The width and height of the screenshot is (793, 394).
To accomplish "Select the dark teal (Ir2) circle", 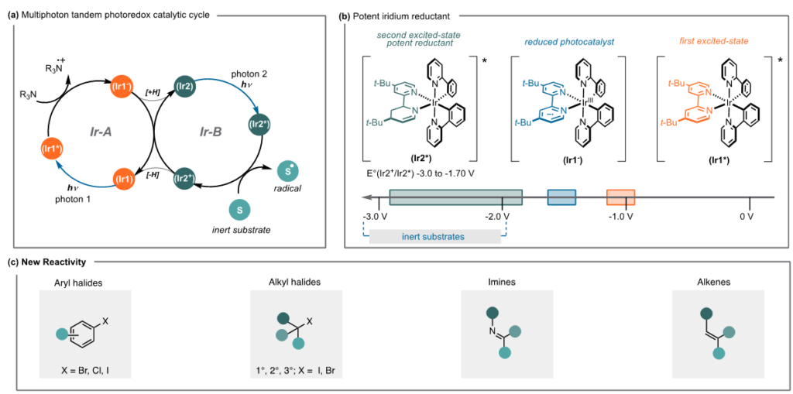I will click(x=184, y=87).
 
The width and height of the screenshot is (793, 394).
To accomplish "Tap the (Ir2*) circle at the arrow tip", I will click(x=259, y=123).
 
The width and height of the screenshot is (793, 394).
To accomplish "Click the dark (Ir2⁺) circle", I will click(x=186, y=179).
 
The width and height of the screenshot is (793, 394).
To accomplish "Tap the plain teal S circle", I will click(x=239, y=209).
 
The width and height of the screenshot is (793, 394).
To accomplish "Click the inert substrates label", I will click(x=433, y=236).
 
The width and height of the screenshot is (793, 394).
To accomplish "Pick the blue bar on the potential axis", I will click(x=561, y=197).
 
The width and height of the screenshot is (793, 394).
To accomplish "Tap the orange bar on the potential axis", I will click(x=620, y=197).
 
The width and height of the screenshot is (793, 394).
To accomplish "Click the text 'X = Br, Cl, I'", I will click(x=85, y=370).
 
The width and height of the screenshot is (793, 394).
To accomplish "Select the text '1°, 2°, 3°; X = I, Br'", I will click(x=296, y=370).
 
